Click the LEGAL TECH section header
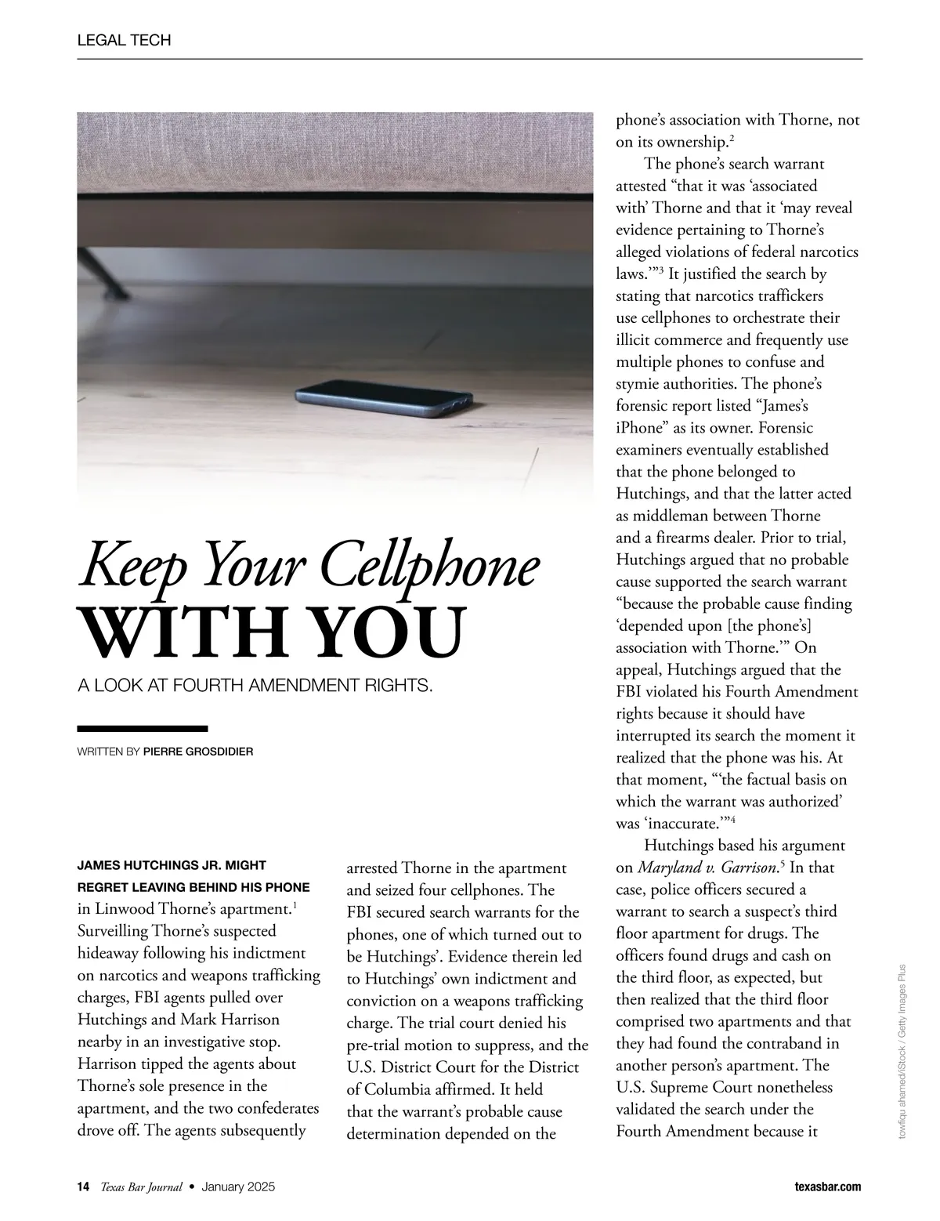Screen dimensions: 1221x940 [x=124, y=40]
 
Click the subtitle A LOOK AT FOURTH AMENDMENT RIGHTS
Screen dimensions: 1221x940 [x=255, y=686]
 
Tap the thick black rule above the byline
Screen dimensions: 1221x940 [x=143, y=728]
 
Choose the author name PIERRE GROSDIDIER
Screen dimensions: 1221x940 [x=198, y=752]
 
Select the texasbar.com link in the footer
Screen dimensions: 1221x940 [x=827, y=1187]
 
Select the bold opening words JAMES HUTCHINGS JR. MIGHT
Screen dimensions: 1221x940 [x=172, y=865]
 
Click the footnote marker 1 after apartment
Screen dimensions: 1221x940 [x=294, y=906]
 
